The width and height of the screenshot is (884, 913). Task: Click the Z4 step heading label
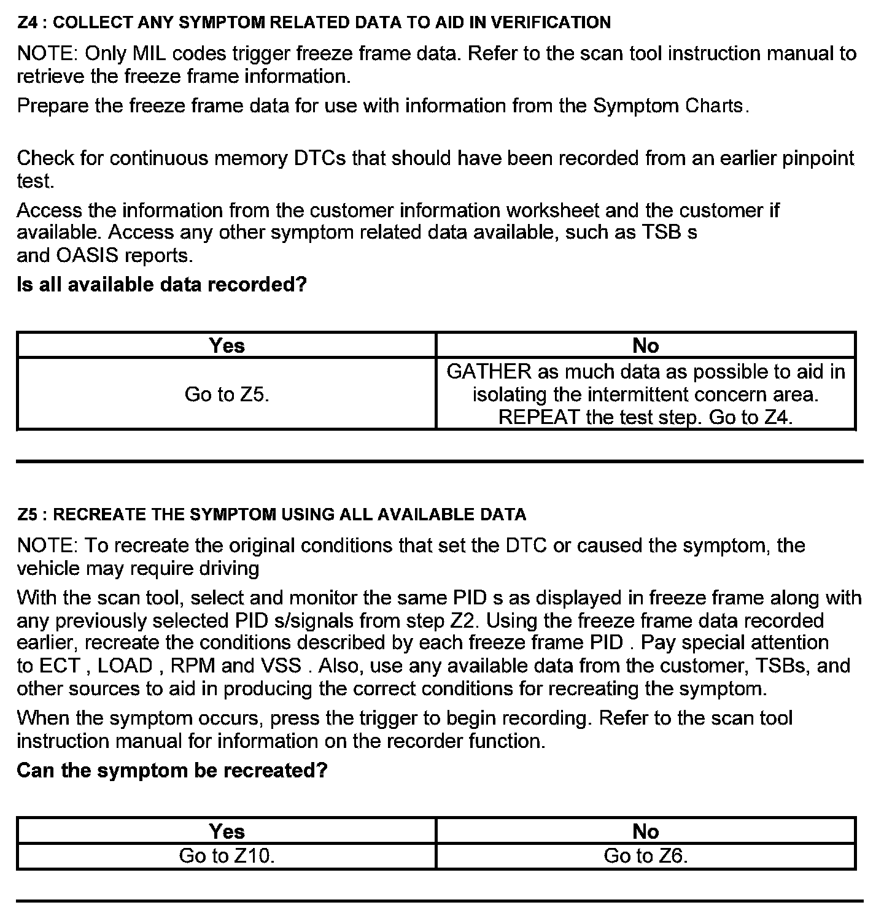tap(314, 23)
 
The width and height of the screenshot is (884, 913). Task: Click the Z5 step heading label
tap(271, 514)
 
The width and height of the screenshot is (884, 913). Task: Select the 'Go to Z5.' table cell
tap(227, 394)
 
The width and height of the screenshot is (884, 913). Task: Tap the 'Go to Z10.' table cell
tap(227, 855)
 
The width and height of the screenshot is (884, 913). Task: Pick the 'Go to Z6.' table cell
tap(645, 855)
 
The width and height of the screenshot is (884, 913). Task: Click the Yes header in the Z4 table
tap(227, 345)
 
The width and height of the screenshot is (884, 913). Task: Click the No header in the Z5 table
tap(645, 831)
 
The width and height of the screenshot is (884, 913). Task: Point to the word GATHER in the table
tap(489, 372)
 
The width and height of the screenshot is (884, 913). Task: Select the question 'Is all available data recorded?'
tap(161, 285)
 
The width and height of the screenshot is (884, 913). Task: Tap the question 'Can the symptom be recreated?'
tap(172, 770)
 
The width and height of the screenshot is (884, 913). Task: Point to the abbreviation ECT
tap(60, 666)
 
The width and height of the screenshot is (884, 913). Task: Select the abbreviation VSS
tap(281, 666)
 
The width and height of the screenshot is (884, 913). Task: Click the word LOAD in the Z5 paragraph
tap(125, 666)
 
